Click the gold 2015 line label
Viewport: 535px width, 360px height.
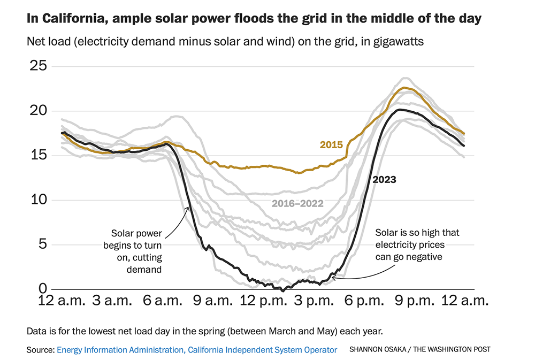point(331,145)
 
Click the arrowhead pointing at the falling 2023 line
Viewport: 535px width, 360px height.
point(187,208)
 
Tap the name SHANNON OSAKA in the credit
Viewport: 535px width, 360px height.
point(377,350)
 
